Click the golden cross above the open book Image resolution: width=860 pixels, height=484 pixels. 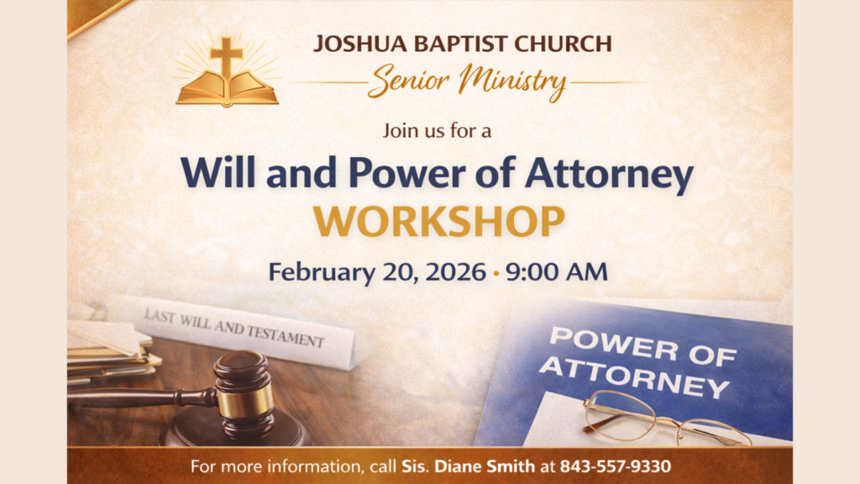(227, 56)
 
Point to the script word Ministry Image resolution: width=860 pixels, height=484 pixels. (512, 82)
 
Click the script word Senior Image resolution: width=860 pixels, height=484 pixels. (409, 81)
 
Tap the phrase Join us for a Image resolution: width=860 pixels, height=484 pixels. (437, 130)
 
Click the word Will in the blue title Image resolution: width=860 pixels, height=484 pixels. (218, 172)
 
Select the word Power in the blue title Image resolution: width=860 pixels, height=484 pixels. (407, 172)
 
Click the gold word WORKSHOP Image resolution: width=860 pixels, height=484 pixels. (438, 222)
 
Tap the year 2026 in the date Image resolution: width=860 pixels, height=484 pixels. (456, 271)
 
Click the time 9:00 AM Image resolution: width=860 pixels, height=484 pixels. (557, 271)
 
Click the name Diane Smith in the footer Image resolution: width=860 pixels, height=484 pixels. (485, 466)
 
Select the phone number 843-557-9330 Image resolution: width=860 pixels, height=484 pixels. (616, 466)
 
